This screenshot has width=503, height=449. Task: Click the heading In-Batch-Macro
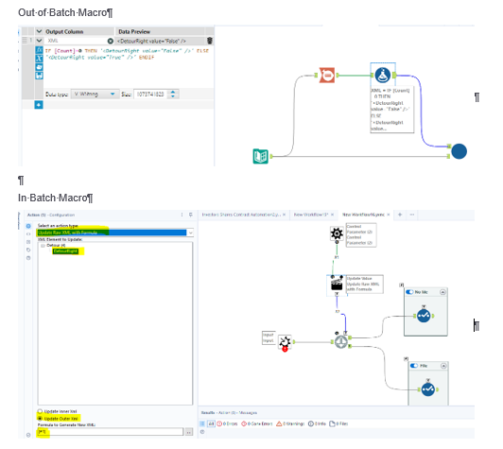tap(55, 197)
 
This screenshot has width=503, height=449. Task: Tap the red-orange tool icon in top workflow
tap(326, 76)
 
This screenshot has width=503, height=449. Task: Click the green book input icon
tap(261, 156)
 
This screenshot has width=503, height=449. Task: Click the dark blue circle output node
tap(458, 150)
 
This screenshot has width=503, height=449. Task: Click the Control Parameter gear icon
tap(336, 233)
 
